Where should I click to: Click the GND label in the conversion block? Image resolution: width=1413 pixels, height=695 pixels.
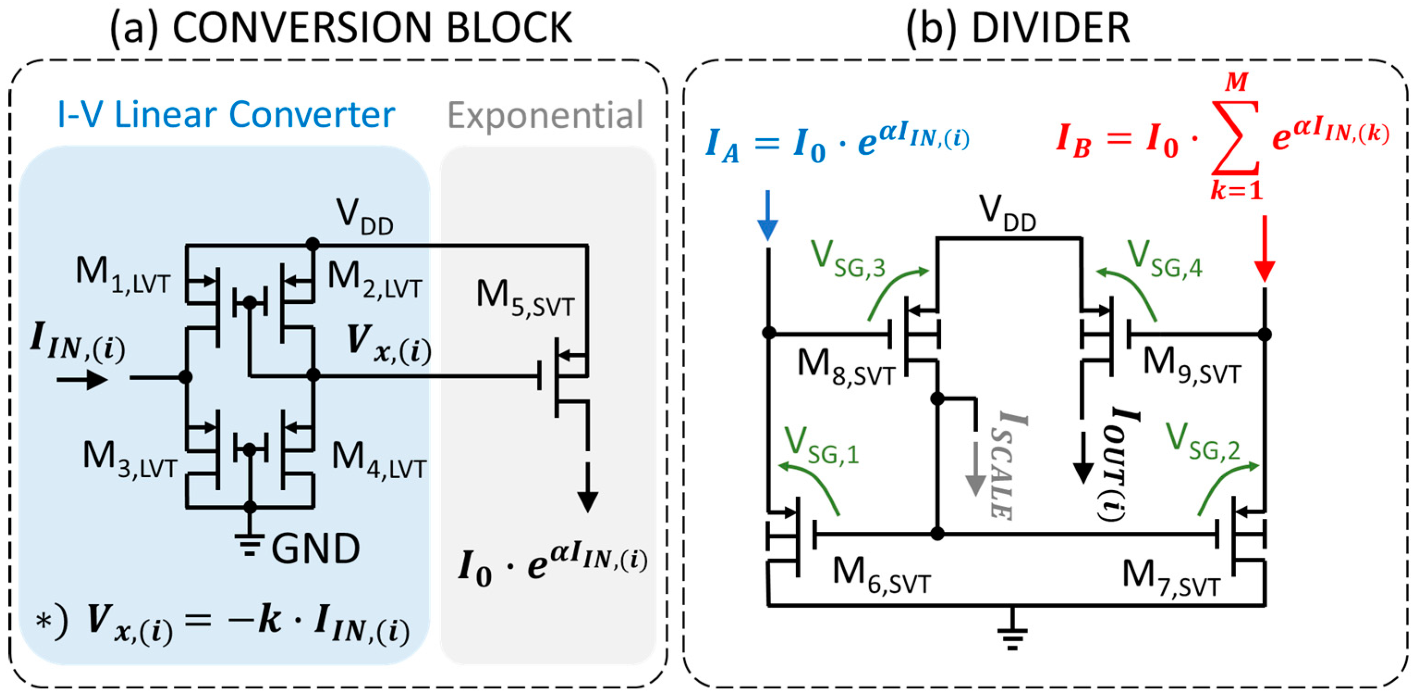pyautogui.click(x=316, y=548)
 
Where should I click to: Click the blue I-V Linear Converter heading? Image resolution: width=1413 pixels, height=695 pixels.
pyautogui.click(x=226, y=115)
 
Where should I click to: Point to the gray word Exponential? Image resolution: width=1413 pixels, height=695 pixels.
pyautogui.click(x=545, y=115)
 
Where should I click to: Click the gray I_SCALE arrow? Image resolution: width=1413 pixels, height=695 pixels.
pyautogui.click(x=975, y=469)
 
